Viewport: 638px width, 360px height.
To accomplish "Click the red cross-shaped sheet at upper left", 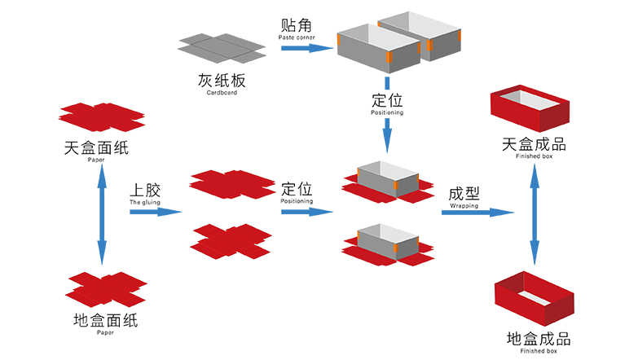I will (102, 117).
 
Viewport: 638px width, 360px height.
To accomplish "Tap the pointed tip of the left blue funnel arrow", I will (102, 265).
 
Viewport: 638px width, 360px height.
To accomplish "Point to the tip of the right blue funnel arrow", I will (534, 265).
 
